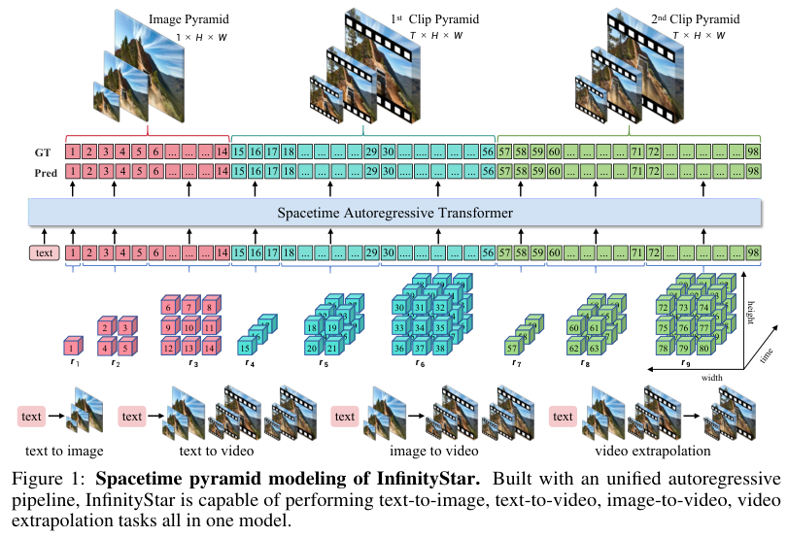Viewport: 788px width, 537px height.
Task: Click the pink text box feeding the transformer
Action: [44, 252]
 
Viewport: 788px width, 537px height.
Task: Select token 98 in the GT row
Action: [753, 152]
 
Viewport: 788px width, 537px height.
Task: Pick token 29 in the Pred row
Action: [371, 171]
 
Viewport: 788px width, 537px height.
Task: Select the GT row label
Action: [42, 152]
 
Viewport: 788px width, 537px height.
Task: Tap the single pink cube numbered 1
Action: [71, 347]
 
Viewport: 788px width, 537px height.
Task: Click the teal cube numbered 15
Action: [247, 347]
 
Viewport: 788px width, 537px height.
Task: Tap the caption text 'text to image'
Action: [65, 452]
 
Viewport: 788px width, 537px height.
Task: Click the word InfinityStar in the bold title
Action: [428, 480]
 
